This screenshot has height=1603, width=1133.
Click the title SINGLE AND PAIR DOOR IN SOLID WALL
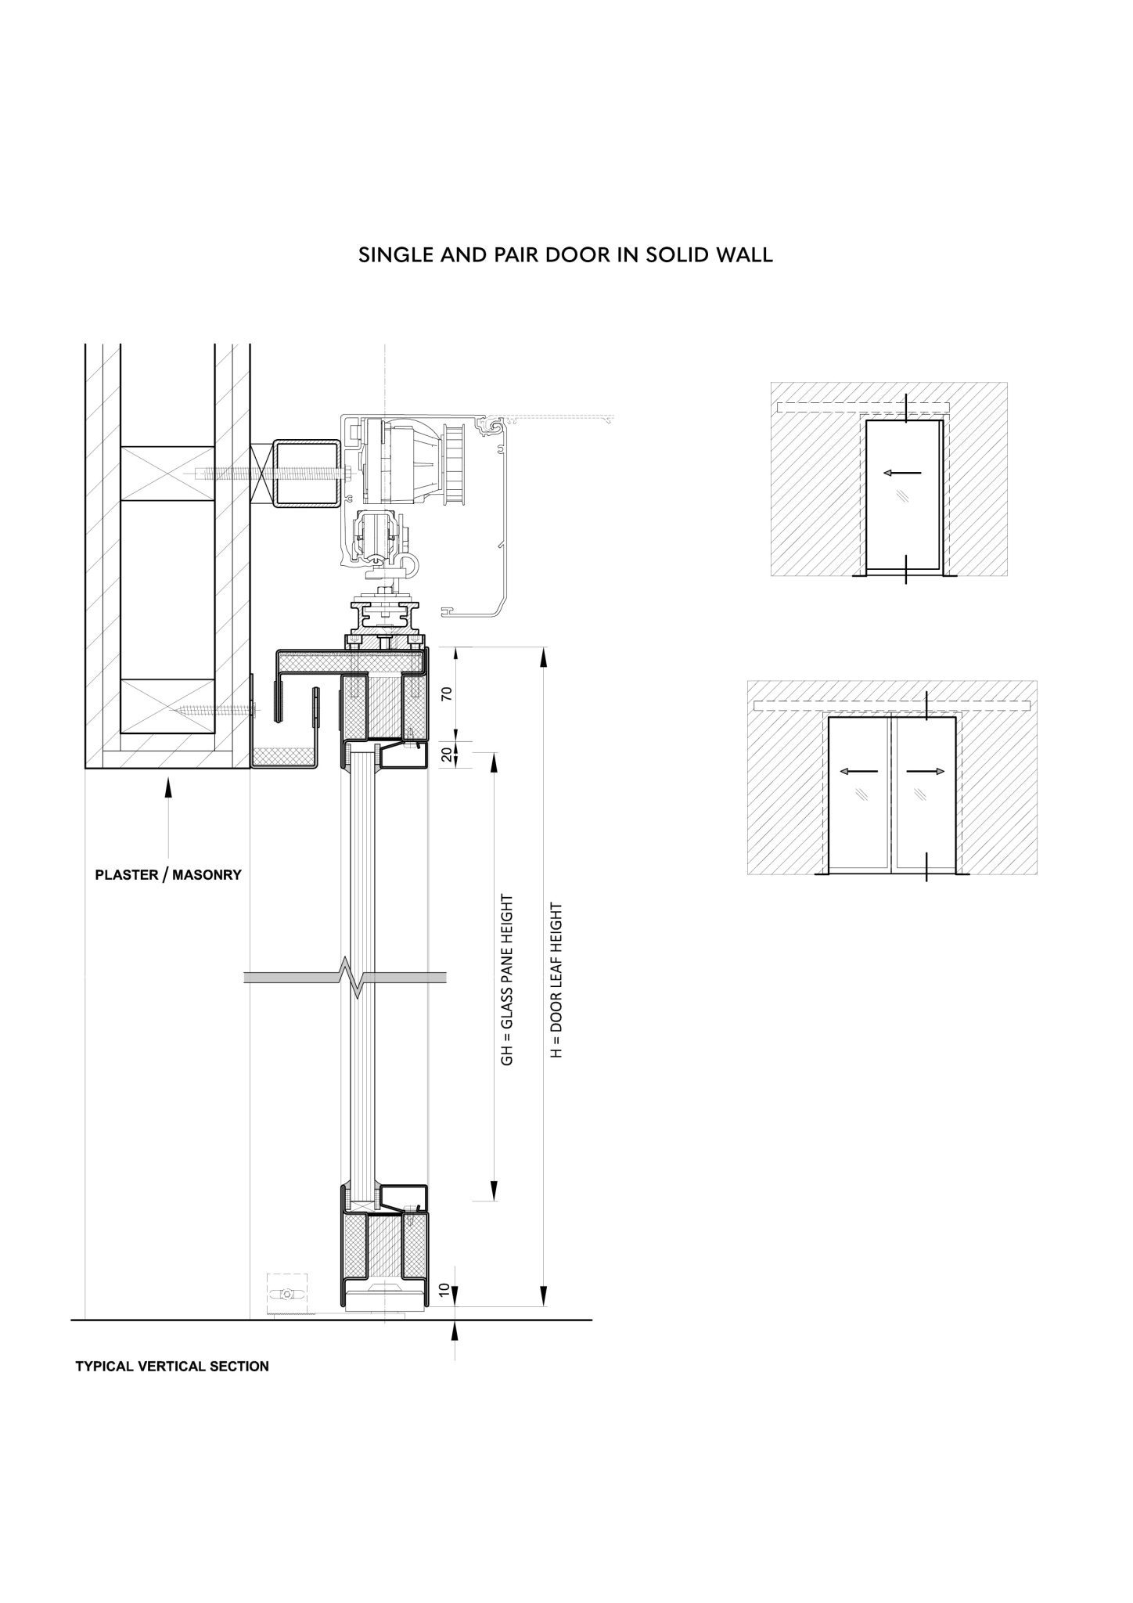(566, 255)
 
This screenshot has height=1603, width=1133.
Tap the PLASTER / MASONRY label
(168, 874)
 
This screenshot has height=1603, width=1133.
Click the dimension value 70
(447, 693)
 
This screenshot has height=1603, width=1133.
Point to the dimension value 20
(447, 755)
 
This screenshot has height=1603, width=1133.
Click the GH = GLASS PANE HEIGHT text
(507, 979)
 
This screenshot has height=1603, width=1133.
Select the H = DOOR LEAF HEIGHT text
(556, 981)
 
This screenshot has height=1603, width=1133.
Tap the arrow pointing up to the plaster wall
(168, 819)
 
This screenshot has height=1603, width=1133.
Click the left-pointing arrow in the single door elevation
(902, 472)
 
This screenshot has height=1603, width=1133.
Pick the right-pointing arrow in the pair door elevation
(926, 771)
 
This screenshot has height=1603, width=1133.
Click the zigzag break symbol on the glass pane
(347, 978)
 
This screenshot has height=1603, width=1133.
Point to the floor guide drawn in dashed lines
(286, 1295)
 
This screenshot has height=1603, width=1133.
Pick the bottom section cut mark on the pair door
(926, 866)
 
